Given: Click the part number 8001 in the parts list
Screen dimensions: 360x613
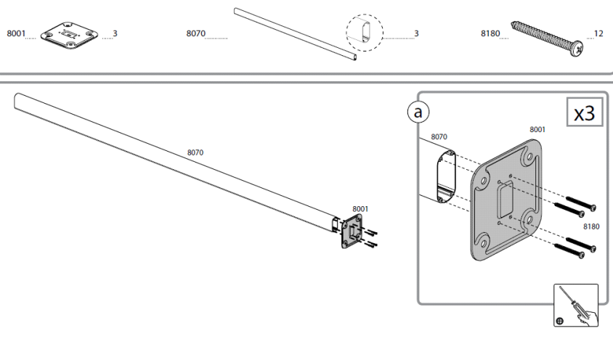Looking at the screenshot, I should pos(15,33).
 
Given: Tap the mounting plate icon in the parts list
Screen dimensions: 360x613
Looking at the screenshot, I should pos(68,35).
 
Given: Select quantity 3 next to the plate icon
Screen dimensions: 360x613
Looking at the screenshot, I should pos(115,33).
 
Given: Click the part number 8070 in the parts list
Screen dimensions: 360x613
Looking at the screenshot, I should pos(195,33).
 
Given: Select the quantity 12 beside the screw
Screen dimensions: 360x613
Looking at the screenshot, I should pos(598,33).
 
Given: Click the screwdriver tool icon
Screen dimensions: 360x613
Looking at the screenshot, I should pos(575,305).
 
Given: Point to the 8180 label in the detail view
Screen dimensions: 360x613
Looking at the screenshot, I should pos(592,226).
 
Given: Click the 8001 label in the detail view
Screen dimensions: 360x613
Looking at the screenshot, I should pos(537,129).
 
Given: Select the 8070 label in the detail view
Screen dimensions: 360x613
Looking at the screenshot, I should pos(439,136).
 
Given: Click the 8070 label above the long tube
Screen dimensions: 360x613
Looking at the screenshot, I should pos(195,152).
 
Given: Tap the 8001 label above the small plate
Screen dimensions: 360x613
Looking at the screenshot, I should pos(360,208).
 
